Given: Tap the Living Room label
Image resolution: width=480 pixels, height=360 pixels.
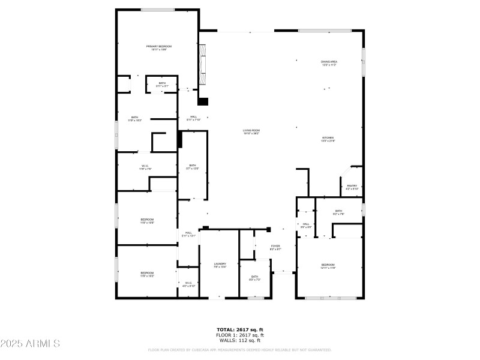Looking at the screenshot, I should [251, 132].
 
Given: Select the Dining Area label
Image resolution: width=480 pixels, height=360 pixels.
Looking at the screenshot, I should [329, 63].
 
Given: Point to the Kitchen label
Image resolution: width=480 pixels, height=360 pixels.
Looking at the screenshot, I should [329, 139].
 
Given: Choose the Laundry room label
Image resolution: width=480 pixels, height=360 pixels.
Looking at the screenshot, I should [220, 265].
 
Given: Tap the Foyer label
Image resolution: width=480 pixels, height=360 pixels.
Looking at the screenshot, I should [275, 247].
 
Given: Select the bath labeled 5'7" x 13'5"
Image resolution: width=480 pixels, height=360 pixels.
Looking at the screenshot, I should [193, 167].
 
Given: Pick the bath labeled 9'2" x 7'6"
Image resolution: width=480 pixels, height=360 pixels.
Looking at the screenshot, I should [338, 212].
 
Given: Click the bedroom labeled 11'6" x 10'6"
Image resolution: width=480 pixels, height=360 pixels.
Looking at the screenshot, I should [147, 221].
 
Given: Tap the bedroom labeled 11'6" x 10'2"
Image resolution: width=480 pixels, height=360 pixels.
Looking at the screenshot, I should [147, 274].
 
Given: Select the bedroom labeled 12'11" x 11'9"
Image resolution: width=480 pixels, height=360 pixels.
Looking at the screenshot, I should [328, 266].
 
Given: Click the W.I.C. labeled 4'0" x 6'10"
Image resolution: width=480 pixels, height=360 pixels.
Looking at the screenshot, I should [188, 284].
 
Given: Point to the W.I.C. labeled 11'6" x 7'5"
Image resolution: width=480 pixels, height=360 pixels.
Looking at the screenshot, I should [145, 167].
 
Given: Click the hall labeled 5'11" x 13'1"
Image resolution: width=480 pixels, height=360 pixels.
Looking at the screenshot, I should [188, 234].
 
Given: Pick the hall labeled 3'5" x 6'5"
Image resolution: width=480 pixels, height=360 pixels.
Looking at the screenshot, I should [305, 225].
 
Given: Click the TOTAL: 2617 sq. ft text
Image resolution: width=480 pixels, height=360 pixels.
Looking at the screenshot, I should [240, 329].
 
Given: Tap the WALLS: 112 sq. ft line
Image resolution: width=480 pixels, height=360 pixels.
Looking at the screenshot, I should [240, 340].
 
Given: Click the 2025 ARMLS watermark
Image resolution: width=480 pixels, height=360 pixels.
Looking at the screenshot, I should [30, 344].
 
